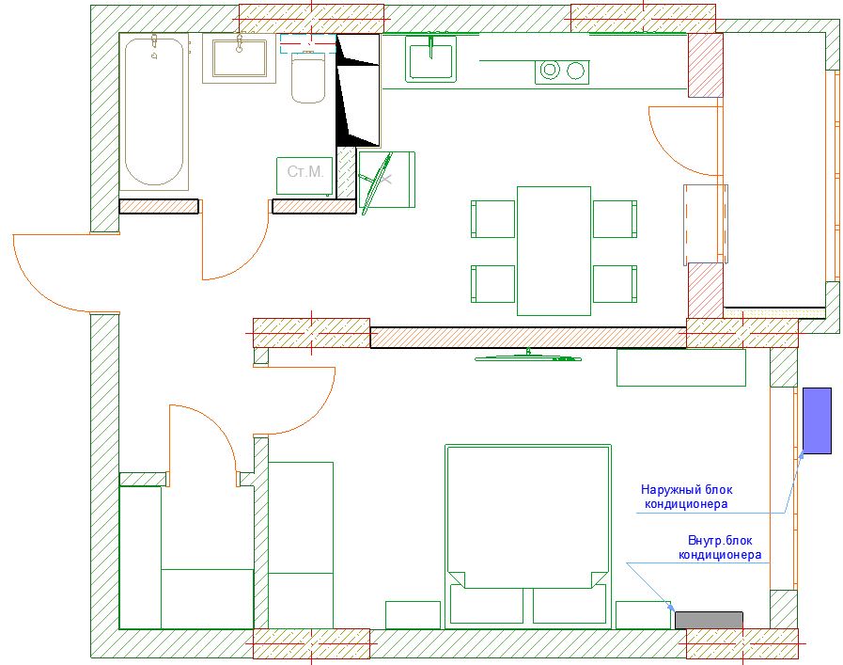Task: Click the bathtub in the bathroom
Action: (154, 111)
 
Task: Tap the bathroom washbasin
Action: (240, 58)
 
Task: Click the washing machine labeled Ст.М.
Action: (304, 175)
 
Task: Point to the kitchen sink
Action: (430, 59)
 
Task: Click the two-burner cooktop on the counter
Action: (562, 71)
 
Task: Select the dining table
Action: (554, 251)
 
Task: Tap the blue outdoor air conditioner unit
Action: (817, 420)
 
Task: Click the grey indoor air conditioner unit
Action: (709, 620)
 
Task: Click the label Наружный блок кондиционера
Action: (686, 497)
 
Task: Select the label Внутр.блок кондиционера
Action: (720, 547)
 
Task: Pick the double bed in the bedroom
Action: (528, 536)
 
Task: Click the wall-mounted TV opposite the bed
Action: (528, 356)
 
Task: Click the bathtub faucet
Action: (154, 43)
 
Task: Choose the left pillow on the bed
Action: (486, 605)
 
